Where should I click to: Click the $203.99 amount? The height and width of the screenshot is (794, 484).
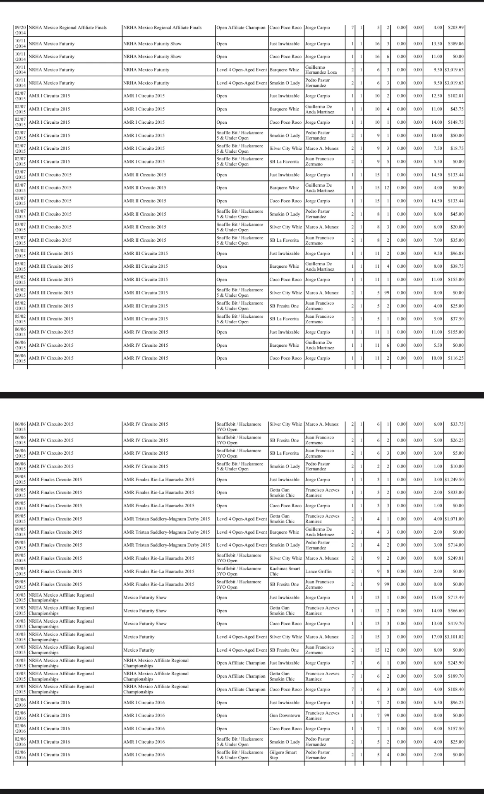pos(455,28)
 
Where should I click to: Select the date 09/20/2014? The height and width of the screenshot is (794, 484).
pos(20,30)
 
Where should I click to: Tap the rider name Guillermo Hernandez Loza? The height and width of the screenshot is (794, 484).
pos(321,70)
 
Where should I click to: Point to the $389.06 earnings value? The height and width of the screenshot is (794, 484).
pos(455,43)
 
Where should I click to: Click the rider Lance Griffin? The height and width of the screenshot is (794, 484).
pos(318,571)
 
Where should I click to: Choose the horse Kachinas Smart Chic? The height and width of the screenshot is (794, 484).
pos(285,571)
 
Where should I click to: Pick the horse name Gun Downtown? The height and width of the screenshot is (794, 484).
pos(284,715)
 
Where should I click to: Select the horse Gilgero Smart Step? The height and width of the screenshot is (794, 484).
pos(283,755)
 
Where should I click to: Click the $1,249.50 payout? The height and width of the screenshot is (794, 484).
pos(454,480)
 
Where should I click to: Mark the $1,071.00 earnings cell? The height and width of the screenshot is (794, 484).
pos(454,519)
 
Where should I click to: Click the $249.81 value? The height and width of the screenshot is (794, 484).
pos(455,558)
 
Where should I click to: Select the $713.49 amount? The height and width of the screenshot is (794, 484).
pos(455,597)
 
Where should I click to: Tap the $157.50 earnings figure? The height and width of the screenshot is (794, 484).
pos(455,729)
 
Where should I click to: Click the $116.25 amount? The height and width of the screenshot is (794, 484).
pos(455,358)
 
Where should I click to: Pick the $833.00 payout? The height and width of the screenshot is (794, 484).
pos(456,492)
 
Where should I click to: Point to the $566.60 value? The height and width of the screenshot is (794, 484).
pos(455,611)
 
